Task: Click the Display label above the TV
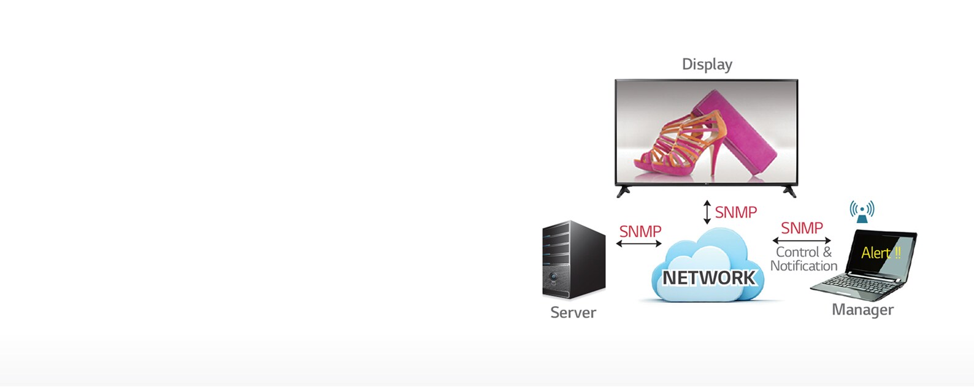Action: [x=707, y=64]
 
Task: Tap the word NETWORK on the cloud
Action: [x=708, y=278]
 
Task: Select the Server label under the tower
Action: [x=573, y=313]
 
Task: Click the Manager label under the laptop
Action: [x=862, y=310]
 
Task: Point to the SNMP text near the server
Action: [x=640, y=231]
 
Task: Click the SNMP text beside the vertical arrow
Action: [x=735, y=212]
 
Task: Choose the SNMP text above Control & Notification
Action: [x=802, y=228]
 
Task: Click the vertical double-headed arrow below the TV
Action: [x=707, y=212]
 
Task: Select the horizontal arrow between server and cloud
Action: [x=638, y=243]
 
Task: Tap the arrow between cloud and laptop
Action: [x=802, y=240]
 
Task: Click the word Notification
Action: [x=803, y=266]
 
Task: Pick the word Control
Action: [x=797, y=252]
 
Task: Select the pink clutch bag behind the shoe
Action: [x=739, y=132]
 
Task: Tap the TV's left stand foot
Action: [x=623, y=191]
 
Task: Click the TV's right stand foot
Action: [x=790, y=191]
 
